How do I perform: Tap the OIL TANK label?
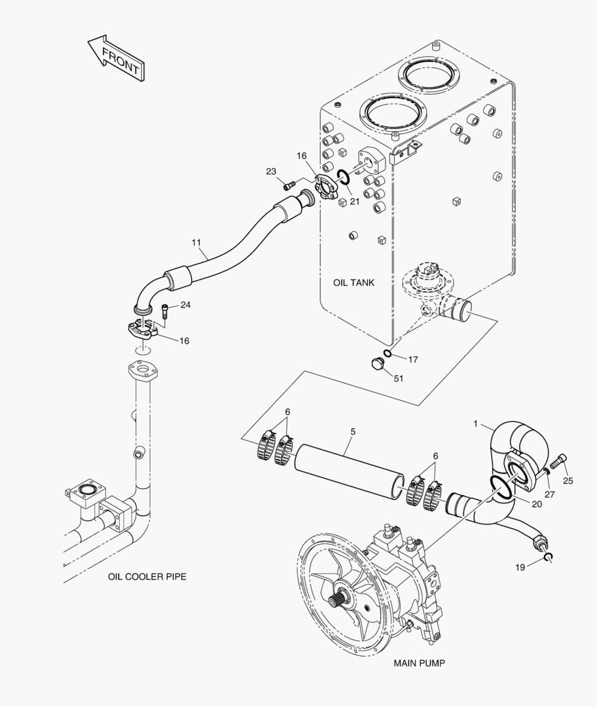coord(353,283)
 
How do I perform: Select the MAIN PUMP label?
coord(419,662)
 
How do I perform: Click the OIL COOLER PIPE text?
coord(147,576)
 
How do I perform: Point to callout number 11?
coord(196,243)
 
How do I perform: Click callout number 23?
coord(270,172)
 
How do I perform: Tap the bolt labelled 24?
coord(165,312)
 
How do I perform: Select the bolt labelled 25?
coord(558,462)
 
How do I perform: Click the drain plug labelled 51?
coord(378,363)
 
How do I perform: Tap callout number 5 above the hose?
coord(353,431)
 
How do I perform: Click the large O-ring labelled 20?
coord(501,488)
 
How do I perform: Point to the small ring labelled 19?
coord(548,558)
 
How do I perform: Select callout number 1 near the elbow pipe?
coord(475,424)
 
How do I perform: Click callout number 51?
coord(399,378)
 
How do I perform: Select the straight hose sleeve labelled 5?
coord(350,472)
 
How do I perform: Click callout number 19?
coord(520,567)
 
